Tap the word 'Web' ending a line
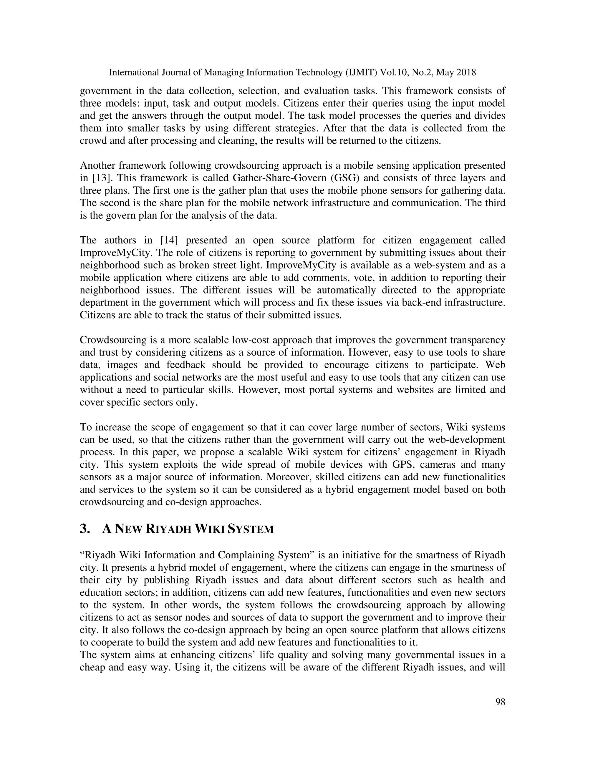[496, 365]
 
